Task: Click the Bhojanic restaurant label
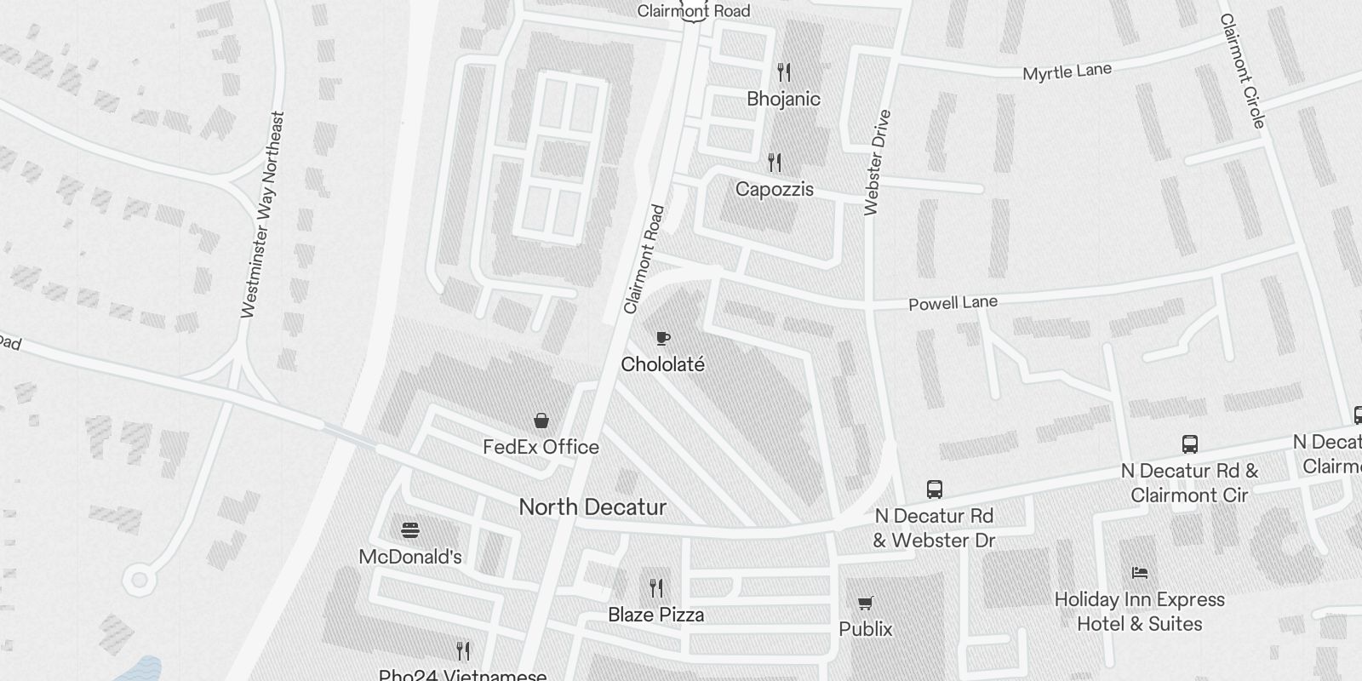[x=783, y=99]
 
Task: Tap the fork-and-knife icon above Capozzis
[x=774, y=162]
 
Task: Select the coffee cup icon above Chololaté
[x=663, y=339]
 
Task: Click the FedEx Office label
[x=541, y=447]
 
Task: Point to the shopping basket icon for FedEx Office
[x=541, y=421]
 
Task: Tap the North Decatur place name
[x=592, y=507]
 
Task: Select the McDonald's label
[x=410, y=557]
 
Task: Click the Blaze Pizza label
[x=655, y=615]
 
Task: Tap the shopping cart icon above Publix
[x=866, y=604]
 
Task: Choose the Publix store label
[x=866, y=629]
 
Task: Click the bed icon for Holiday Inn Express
[x=1140, y=573]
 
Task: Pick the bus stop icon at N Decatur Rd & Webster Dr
[x=934, y=489]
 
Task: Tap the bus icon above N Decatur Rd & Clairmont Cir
[x=1190, y=444]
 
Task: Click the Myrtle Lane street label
[x=1067, y=72]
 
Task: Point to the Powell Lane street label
[x=953, y=303]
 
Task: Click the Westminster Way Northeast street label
[x=262, y=215]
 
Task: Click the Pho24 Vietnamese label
[x=462, y=675]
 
